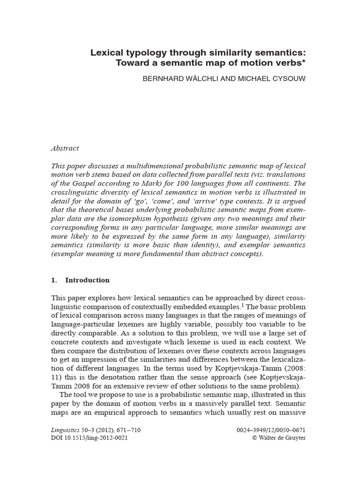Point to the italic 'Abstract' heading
pyautogui.click(x=65, y=148)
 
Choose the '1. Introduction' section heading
pyautogui.click(x=80, y=280)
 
